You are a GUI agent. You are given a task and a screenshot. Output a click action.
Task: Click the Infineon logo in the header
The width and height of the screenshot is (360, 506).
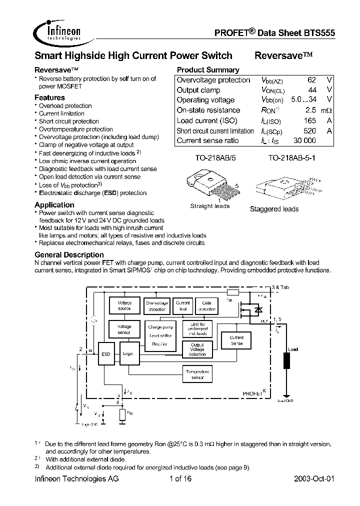pyautogui.click(x=58, y=31)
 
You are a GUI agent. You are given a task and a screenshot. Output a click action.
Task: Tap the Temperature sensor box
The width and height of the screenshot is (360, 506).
pyautogui.click(x=197, y=374)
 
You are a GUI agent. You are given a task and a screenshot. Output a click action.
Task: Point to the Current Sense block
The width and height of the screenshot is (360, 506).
pyautogui.click(x=236, y=340)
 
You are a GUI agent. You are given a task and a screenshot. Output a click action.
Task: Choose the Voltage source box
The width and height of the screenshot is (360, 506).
pyautogui.click(x=124, y=305)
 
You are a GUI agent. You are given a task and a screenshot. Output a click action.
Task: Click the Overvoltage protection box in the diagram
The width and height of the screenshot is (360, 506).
pyautogui.click(x=156, y=305)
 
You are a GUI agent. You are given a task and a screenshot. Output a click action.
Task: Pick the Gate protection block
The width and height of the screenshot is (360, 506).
pyautogui.click(x=206, y=305)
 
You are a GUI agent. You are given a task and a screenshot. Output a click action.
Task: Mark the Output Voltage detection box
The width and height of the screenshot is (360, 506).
pyautogui.click(x=197, y=349)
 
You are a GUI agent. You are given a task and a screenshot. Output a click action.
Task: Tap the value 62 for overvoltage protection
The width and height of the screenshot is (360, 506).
pyautogui.click(x=311, y=80)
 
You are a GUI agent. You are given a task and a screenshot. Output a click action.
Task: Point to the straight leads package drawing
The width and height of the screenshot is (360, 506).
pyautogui.click(x=208, y=185)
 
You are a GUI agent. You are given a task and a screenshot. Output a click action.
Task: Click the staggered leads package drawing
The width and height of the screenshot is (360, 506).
pyautogui.click(x=275, y=190)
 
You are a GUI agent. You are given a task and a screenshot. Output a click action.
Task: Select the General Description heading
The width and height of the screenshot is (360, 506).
pyautogui.click(x=69, y=254)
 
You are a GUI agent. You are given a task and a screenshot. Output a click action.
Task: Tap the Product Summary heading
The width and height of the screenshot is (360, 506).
pyautogui.click(x=208, y=70)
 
